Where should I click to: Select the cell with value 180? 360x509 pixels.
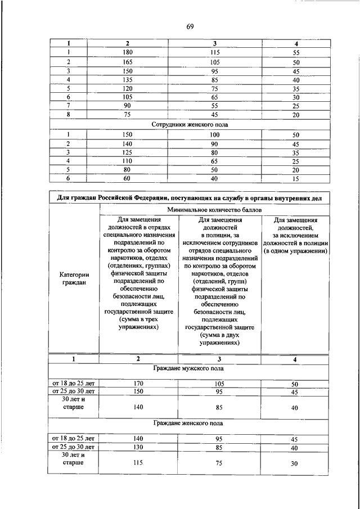point(127,52)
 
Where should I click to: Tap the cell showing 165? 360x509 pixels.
point(127,61)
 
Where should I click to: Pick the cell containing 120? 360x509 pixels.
point(127,88)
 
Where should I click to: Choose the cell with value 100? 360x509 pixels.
point(215,135)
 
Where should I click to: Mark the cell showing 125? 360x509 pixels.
point(127,152)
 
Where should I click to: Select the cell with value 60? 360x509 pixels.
point(127,178)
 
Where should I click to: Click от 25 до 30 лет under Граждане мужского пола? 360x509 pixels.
point(74,391)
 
